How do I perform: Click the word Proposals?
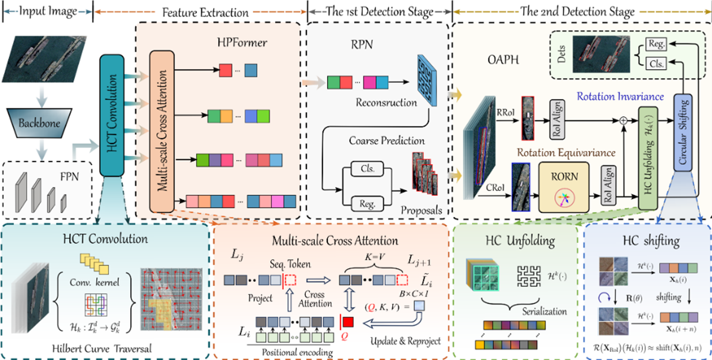(x=423, y=211)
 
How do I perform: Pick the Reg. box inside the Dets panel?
(x=656, y=44)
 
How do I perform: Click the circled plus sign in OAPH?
(x=622, y=122)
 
